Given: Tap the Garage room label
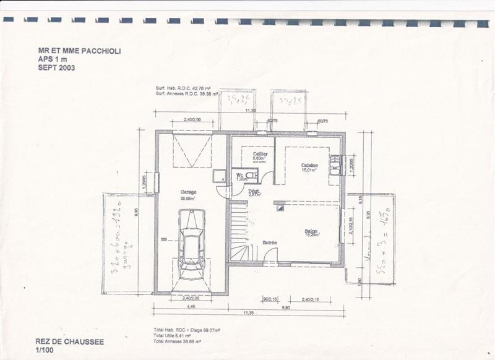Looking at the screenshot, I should tap(189, 192).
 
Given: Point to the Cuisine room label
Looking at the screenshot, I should tap(309, 165).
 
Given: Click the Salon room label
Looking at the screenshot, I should tap(311, 233).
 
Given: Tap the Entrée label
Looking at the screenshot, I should tap(269, 242).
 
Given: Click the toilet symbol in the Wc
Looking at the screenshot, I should tap(250, 176).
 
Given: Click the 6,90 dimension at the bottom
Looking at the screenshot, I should tap(286, 306).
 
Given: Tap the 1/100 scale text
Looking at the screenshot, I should tap(45, 350).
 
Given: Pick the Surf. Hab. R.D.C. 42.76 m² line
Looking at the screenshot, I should tap(184, 89).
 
